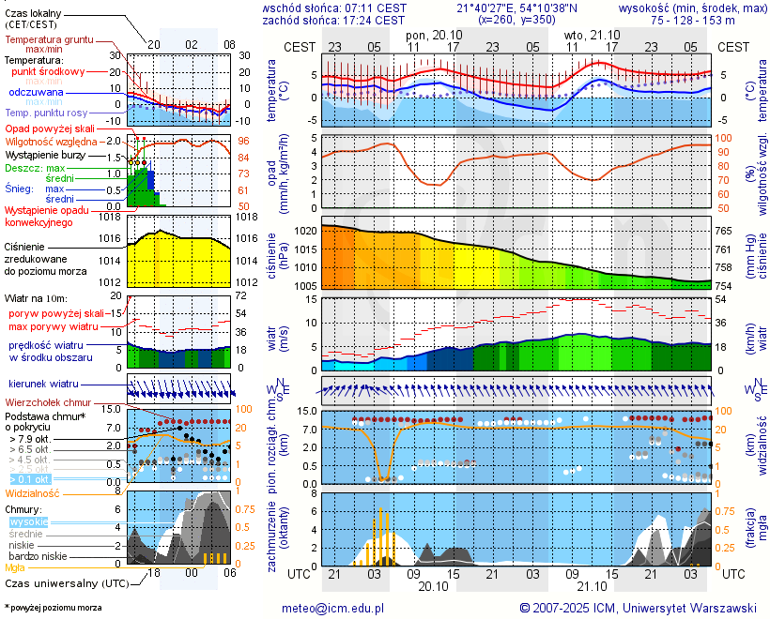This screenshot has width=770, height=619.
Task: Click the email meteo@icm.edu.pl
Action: tap(333, 608)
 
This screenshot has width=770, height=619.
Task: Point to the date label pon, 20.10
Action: tap(434, 34)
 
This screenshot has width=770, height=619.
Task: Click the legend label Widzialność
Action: tap(33, 492)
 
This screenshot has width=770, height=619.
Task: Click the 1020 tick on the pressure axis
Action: tap(304, 231)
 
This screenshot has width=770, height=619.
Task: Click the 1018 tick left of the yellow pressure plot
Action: tap(114, 217)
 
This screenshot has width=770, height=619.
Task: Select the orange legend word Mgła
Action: tap(15, 567)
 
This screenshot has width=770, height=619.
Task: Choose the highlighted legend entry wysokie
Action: tap(27, 521)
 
